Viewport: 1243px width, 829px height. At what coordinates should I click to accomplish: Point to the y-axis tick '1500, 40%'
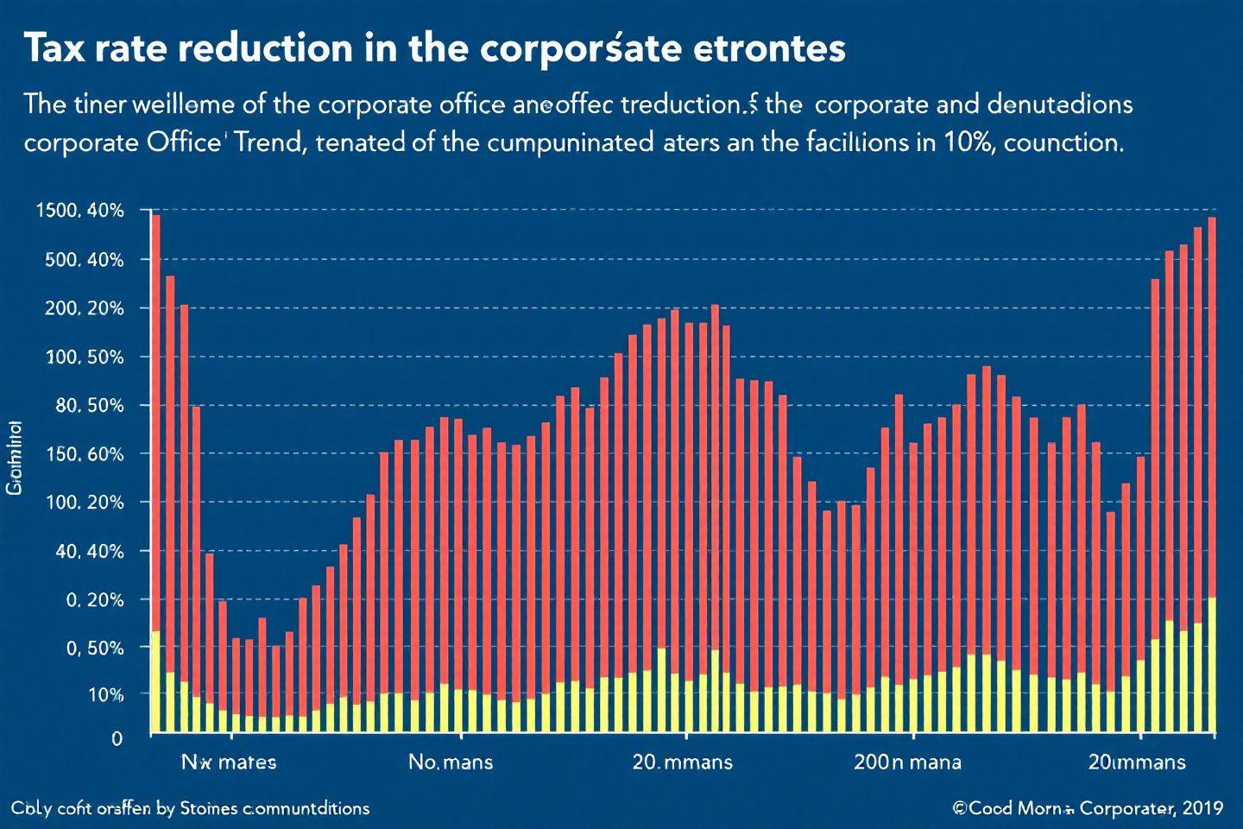click(x=79, y=211)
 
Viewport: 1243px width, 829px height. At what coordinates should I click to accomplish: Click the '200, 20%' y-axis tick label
click(x=84, y=308)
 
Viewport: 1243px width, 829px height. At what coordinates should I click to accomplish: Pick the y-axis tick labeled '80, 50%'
click(x=90, y=405)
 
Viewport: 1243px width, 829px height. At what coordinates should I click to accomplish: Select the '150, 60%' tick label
click(x=84, y=454)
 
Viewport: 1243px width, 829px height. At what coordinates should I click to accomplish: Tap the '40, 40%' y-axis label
click(x=90, y=551)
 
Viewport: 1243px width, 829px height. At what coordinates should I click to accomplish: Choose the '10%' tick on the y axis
click(x=105, y=694)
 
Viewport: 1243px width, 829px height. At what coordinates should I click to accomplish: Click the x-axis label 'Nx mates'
click(x=229, y=762)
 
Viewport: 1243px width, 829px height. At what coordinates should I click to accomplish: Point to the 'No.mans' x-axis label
click(x=451, y=762)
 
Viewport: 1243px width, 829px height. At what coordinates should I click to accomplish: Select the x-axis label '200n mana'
click(x=907, y=762)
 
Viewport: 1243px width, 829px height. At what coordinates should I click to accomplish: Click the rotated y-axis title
click(x=15, y=458)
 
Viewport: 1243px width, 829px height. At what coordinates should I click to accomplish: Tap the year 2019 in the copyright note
click(x=1202, y=808)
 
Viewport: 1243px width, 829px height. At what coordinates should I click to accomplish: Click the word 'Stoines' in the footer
click(x=209, y=808)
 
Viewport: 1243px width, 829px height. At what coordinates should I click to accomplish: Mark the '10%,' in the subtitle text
click(x=971, y=142)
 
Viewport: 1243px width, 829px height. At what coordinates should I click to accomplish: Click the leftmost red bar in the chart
click(x=156, y=423)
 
